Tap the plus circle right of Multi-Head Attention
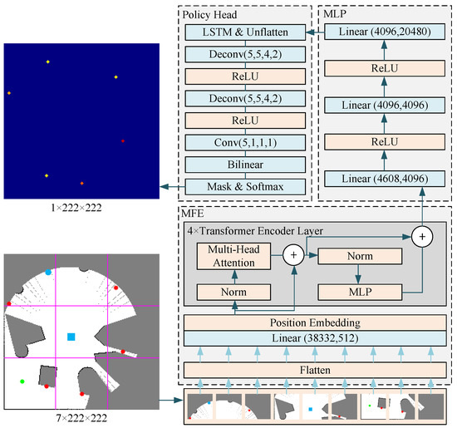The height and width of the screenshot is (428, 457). (x=294, y=254)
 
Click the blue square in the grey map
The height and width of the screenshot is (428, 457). (x=71, y=336)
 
